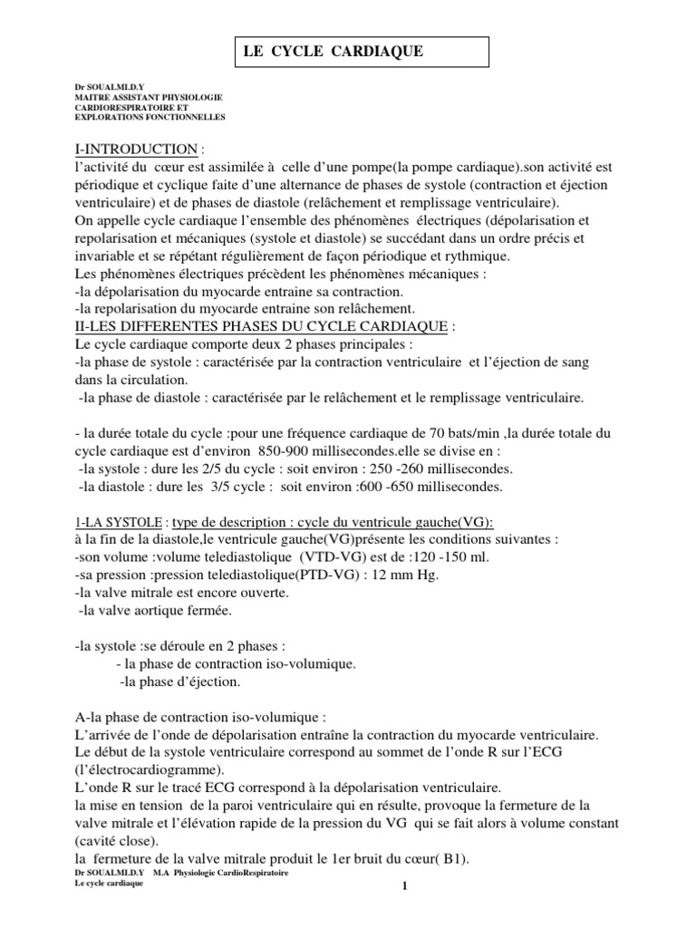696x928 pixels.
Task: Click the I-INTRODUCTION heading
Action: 135,150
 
